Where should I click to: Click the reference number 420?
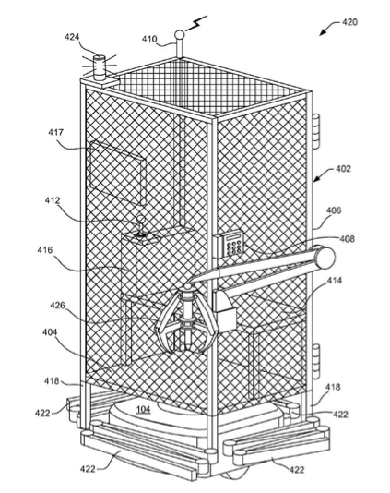(349, 22)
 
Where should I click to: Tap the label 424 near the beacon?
(72, 37)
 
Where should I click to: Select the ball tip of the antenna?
(179, 34)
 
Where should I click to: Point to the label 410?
(149, 39)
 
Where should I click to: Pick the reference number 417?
(55, 132)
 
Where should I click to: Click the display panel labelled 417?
(118, 173)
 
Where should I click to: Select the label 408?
(347, 239)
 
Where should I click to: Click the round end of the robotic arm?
(325, 258)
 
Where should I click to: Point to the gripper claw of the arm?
(186, 319)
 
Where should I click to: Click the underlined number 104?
(143, 409)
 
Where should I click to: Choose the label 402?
(343, 169)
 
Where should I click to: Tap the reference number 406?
(334, 210)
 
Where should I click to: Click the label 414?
(334, 280)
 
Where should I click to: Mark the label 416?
(45, 250)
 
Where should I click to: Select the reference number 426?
(58, 305)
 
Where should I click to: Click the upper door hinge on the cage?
(316, 132)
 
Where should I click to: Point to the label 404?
(50, 331)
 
